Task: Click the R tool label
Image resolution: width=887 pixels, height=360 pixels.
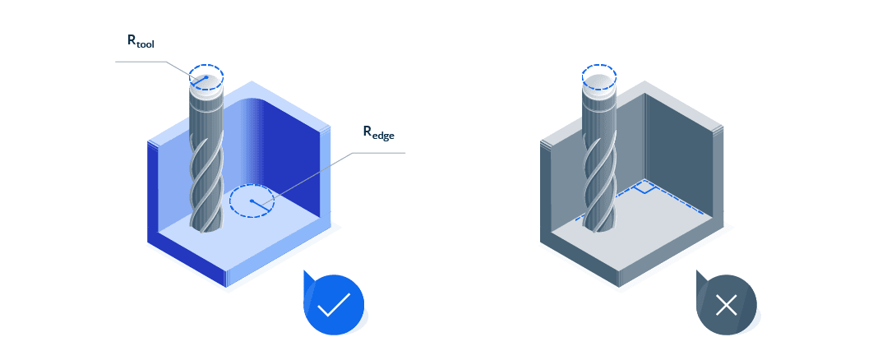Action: (140, 40)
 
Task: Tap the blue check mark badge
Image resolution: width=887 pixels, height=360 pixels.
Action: (334, 306)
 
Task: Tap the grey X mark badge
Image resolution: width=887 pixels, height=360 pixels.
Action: (726, 306)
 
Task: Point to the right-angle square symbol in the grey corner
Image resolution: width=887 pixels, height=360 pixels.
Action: (646, 187)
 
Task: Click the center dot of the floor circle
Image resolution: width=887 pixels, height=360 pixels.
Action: (251, 201)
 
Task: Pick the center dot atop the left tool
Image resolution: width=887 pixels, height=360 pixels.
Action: (206, 77)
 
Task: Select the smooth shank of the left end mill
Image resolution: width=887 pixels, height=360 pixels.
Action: (206, 115)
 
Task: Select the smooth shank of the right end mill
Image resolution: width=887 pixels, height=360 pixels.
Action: (598, 115)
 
